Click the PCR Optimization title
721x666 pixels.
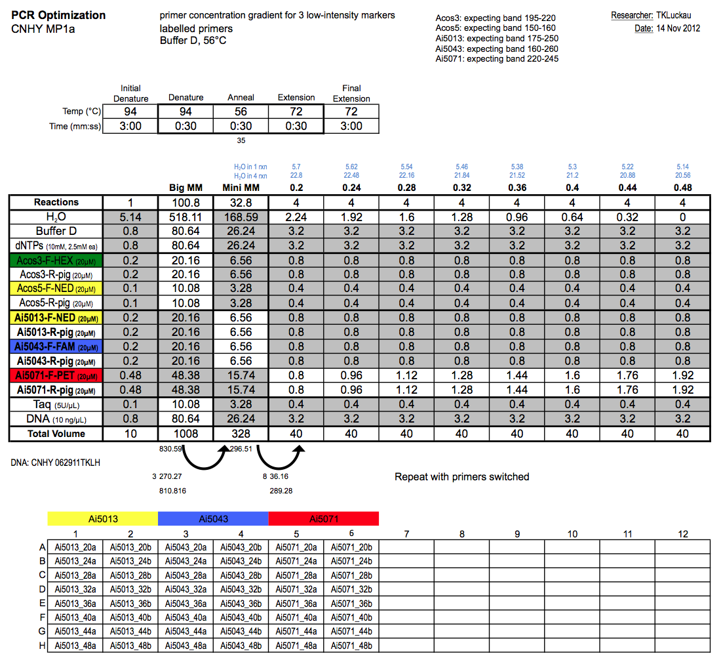tap(58, 15)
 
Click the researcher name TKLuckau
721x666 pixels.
tap(678, 15)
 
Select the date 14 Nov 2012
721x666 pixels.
tap(678, 28)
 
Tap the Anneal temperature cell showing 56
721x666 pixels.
tap(241, 112)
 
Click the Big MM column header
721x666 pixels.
tap(186, 188)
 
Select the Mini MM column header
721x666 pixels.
tap(241, 188)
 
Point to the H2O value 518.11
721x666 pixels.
tap(186, 217)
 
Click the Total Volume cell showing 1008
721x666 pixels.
tap(186, 433)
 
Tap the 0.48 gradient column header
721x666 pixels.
tap(682, 188)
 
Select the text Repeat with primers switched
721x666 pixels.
tap(461, 477)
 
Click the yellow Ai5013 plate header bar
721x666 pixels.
tap(103, 518)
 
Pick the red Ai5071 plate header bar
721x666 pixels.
tap(324, 518)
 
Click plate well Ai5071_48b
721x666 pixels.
tap(351, 646)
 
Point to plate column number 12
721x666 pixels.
tap(682, 534)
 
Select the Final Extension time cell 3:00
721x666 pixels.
tap(351, 126)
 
